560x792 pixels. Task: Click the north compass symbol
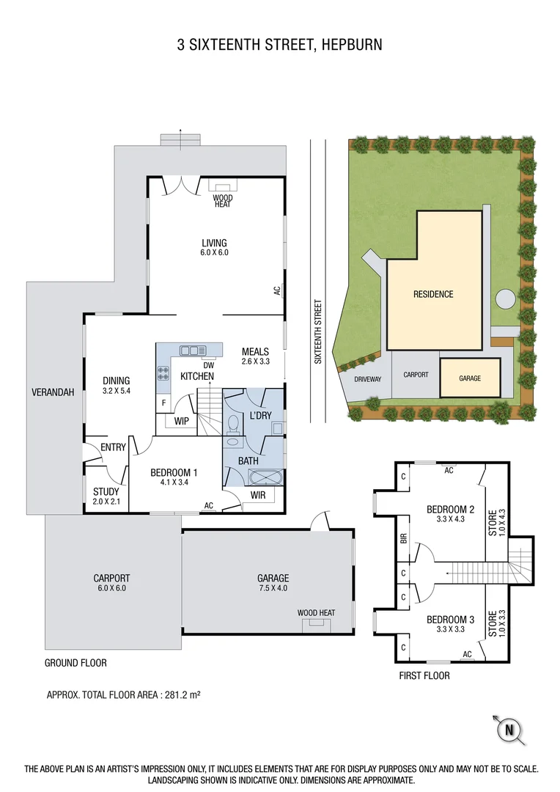509,729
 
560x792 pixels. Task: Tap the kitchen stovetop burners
163,373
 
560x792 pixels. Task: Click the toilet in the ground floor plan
233,425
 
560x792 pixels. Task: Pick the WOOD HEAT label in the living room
222,201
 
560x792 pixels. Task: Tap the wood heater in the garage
316,623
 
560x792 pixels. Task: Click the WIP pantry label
183,422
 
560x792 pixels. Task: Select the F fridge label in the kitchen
163,403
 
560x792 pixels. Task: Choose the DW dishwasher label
207,364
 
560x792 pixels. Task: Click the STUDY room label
106,491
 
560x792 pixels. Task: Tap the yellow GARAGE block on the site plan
470,378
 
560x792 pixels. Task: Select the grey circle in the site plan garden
505,299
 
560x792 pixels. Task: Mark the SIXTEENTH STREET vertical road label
318,331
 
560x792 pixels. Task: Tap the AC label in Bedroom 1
209,505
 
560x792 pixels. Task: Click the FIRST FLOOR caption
424,675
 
